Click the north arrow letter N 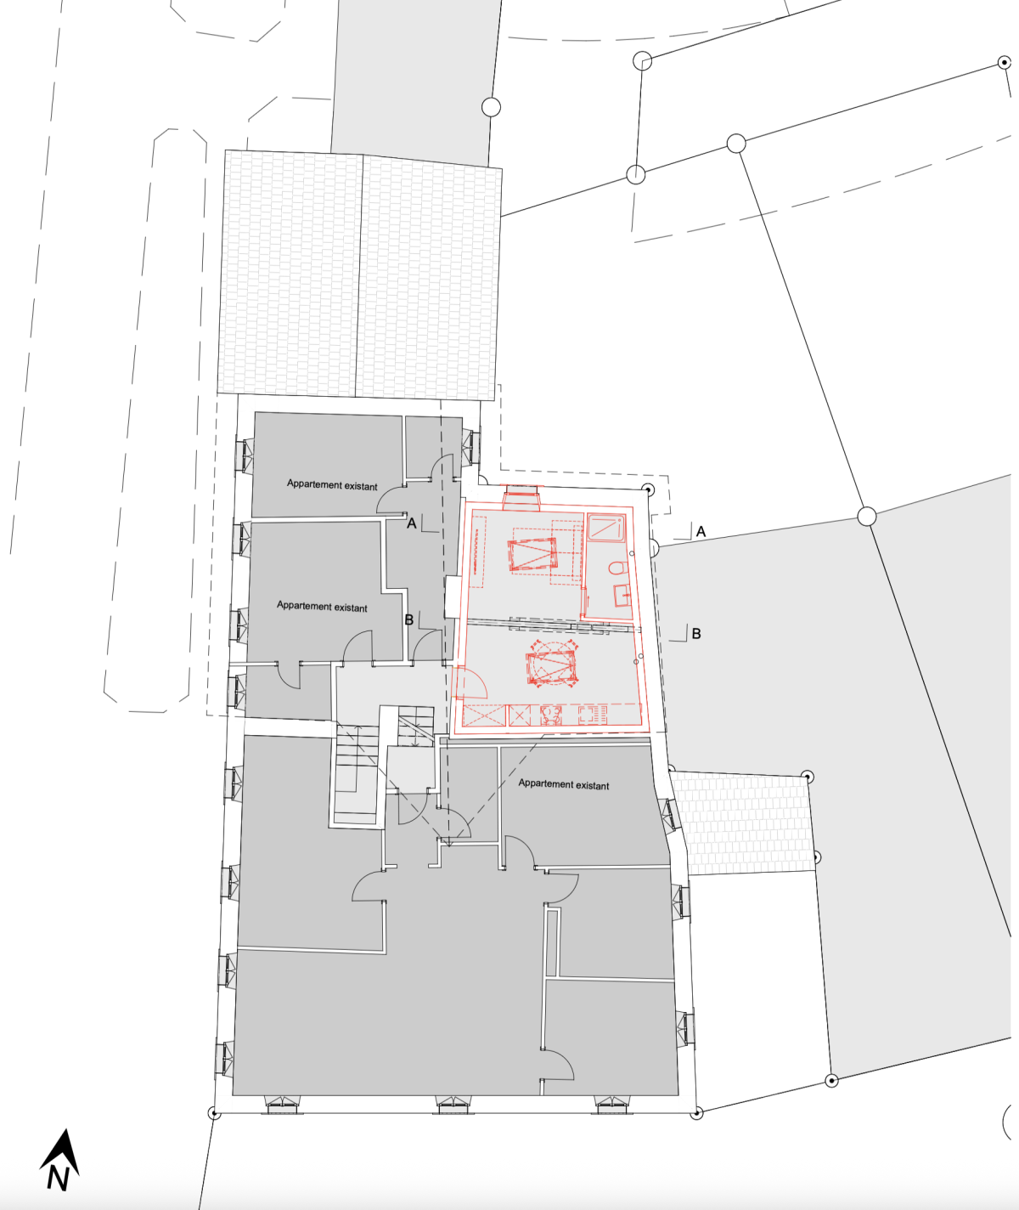tap(58, 1178)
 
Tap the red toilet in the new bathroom tap(619, 568)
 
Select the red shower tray tap(606, 528)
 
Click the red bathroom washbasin tap(622, 595)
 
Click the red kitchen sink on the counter tap(551, 715)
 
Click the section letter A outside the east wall tap(701, 531)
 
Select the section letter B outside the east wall tap(696, 633)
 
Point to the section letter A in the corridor tap(412, 523)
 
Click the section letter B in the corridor tap(409, 619)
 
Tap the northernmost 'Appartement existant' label tap(332, 485)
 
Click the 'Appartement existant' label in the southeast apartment tap(564, 784)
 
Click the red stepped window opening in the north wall tap(522, 498)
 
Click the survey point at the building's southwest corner tap(214, 1112)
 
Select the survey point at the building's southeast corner tap(697, 1112)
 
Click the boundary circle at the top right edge tap(1005, 63)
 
